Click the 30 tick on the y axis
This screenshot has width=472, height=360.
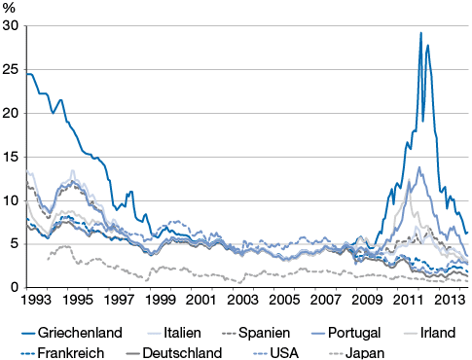11,26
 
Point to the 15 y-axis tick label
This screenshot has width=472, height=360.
11,157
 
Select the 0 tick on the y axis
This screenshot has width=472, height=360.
15,288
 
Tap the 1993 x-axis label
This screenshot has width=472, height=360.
36,300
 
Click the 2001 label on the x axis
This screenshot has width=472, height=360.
200,300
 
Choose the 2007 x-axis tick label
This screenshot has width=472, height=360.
325,300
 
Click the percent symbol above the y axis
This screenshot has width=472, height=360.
9,8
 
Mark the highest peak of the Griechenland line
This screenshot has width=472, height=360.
420,33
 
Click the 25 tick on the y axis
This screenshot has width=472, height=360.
11,70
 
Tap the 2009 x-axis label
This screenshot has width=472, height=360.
367,300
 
